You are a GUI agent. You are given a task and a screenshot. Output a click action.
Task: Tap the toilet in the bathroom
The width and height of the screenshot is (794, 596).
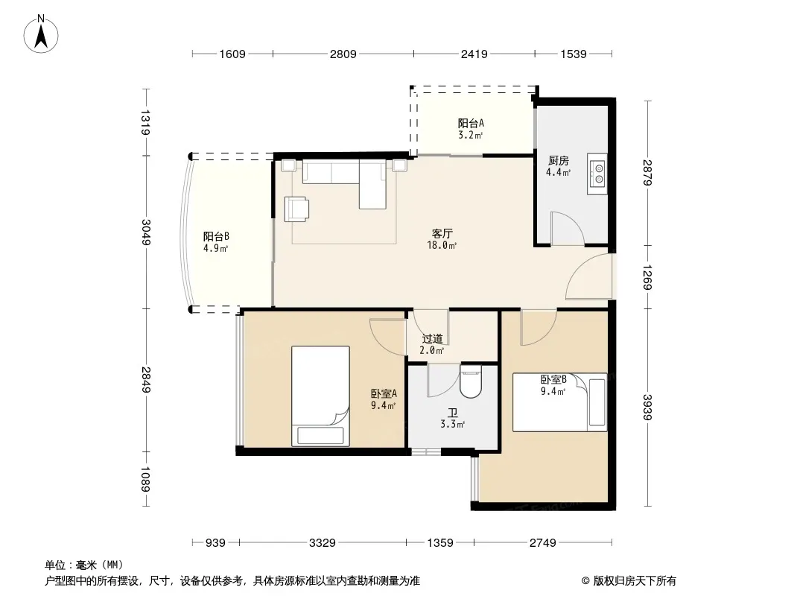tap(471, 382)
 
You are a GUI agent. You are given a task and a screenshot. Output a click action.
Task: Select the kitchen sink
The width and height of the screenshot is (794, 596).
tap(597, 174)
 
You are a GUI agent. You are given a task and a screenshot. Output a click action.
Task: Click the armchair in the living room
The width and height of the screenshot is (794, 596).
tap(296, 209)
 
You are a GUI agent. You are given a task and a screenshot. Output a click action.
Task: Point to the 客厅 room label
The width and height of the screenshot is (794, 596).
tap(442, 233)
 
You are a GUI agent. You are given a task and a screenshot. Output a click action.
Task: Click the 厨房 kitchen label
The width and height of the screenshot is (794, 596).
tap(558, 160)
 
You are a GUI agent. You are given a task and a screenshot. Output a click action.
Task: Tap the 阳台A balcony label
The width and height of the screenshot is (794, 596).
tap(471, 123)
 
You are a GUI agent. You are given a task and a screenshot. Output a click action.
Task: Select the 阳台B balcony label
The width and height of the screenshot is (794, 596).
tap(216, 236)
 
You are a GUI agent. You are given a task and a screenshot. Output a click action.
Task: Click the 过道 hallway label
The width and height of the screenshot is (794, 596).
tap(433, 338)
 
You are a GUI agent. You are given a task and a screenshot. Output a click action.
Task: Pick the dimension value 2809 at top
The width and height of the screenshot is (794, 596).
tap(343, 54)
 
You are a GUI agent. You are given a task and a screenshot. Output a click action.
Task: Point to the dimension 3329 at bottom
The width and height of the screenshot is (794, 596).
tap(323, 543)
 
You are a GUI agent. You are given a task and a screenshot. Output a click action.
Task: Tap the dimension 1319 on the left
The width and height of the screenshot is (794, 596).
tap(145, 122)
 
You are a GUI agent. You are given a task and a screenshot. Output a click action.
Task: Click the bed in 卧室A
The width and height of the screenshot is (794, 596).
tap(320, 396)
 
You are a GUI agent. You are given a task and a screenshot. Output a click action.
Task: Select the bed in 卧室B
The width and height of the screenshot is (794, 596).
tap(559, 402)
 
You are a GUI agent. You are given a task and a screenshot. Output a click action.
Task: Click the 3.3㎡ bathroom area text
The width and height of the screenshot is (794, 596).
tap(453, 425)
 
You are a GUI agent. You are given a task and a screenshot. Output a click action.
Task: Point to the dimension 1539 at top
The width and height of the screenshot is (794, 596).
tap(574, 54)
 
